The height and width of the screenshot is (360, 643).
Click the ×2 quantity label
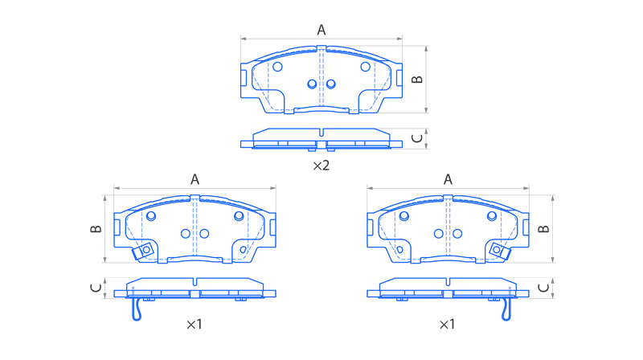click(321, 166)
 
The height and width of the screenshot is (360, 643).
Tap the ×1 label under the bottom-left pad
click(195, 325)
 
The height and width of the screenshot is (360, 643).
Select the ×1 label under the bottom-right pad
click(448, 325)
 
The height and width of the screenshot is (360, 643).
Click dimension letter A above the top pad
click(321, 30)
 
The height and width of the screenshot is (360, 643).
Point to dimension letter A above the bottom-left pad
click(195, 179)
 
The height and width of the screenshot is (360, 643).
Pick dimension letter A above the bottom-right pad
click(448, 179)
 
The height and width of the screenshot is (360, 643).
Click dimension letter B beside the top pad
click(417, 79)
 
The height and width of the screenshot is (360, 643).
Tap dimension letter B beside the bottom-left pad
click(96, 229)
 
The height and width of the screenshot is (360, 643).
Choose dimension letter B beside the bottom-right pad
click(543, 229)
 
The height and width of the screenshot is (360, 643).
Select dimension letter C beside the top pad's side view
click(417, 138)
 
